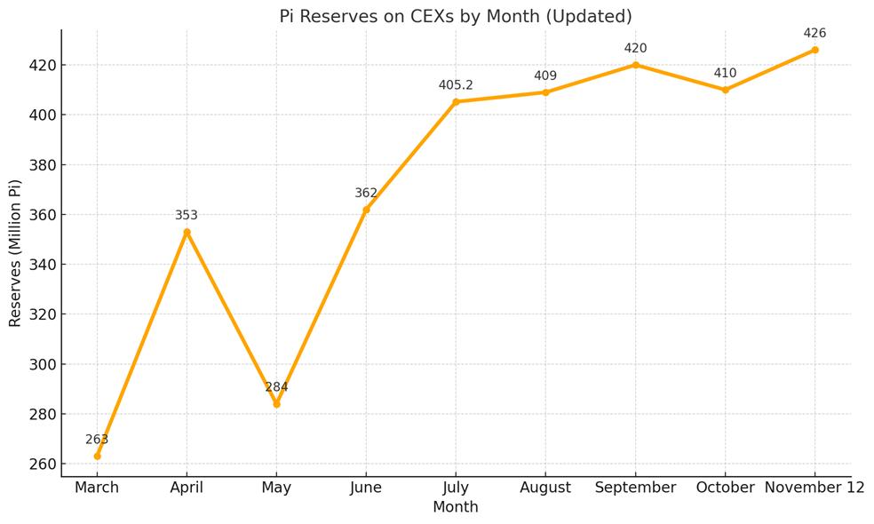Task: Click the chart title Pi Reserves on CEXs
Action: coord(456,17)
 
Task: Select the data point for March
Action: coord(97,456)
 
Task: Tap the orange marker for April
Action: coord(187,232)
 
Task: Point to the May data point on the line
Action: coord(276,404)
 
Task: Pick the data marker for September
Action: coord(635,65)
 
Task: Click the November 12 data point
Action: coord(814,50)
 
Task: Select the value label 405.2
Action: coord(456,85)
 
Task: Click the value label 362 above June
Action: coord(366,193)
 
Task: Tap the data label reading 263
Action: coord(97,440)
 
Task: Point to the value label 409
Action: coord(545,76)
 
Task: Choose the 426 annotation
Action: coord(814,34)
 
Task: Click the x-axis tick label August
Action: coord(545,488)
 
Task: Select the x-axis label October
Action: coord(725,488)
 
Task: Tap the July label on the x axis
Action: coord(456,488)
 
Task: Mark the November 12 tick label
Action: coord(814,488)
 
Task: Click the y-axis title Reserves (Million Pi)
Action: coord(15,253)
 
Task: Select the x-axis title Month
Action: coord(456,507)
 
